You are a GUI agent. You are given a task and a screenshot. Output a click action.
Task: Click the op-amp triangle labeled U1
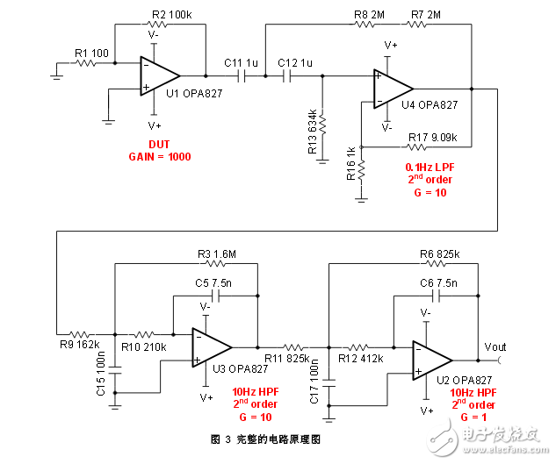158,76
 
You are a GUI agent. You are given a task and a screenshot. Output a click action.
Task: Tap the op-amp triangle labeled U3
211,346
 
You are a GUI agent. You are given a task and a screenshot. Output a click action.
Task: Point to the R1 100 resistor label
92,54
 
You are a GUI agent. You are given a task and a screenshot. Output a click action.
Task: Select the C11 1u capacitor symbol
243,76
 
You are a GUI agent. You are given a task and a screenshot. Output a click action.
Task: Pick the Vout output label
495,347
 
